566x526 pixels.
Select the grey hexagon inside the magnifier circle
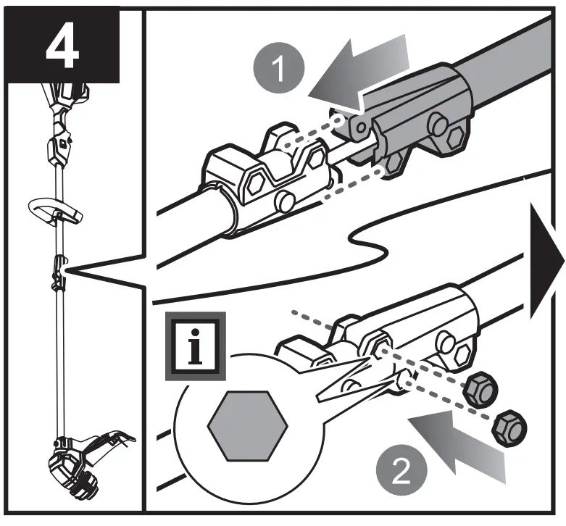click(244, 426)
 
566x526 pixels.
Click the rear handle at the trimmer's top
click(65, 98)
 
